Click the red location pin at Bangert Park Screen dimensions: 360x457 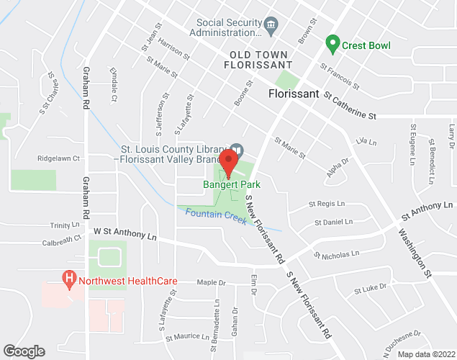coord(229,163)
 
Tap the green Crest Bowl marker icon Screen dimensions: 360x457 coord(332,45)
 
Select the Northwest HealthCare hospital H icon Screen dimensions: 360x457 coord(69,277)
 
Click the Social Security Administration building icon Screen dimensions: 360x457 coord(271,26)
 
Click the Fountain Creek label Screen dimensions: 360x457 coord(212,214)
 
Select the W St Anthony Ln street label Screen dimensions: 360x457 coord(125,234)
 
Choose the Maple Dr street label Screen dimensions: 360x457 coord(211,282)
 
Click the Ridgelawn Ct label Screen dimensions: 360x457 coord(58,158)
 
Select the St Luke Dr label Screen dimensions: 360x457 coord(370,289)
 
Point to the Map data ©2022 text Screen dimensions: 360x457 coord(427,354)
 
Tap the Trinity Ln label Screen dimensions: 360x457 coord(55,225)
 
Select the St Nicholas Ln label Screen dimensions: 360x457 coord(336,255)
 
